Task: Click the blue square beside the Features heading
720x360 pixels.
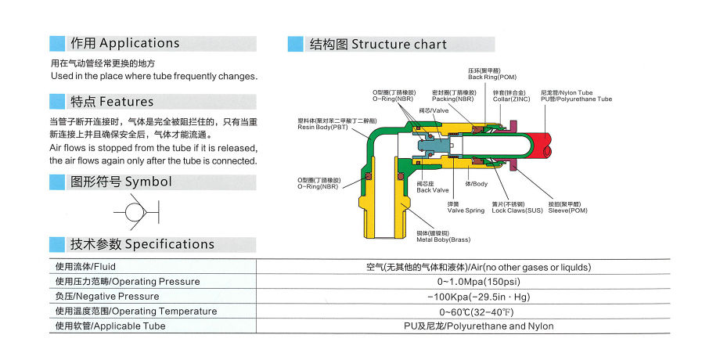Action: point(57,102)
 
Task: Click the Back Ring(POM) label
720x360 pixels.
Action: point(492,76)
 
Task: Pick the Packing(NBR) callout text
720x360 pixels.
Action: point(452,100)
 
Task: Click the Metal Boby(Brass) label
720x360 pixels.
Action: point(443,239)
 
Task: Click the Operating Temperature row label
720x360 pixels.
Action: point(136,311)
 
